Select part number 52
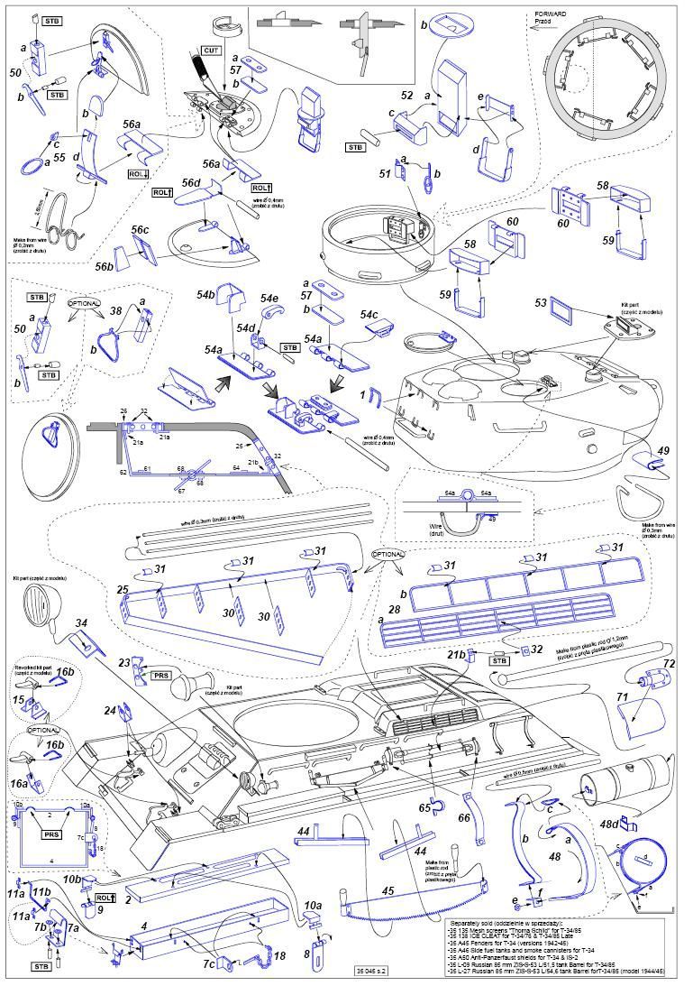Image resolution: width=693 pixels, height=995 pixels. (x=406, y=94)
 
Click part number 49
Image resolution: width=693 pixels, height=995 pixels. (x=665, y=450)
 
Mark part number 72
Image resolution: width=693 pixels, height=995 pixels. (x=670, y=663)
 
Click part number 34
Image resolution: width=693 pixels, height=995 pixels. (x=81, y=623)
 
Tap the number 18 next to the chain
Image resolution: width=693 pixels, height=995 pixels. (x=279, y=955)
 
